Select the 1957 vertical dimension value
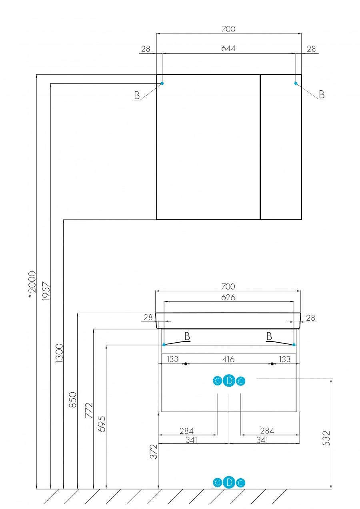46,288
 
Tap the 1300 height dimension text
59,353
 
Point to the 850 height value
73,400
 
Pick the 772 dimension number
89,410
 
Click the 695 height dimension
102,424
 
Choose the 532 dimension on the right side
326,439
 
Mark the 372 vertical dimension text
154,451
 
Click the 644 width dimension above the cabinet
228,48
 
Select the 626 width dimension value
228,297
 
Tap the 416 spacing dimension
228,359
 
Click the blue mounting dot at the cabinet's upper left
162,83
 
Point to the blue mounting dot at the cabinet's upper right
296,83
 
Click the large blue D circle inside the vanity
229,381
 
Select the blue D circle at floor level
229,483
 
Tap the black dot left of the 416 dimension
186,364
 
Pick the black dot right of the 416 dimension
272,364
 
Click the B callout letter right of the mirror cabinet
321,94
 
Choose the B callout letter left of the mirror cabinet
137,95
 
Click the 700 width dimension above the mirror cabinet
228,29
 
